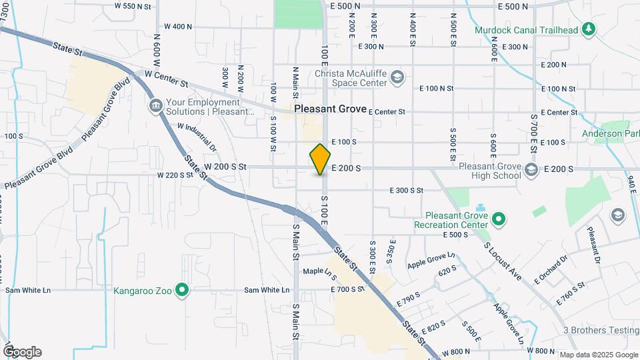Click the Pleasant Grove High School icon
tap(531, 169)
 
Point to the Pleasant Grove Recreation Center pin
tap(497, 218)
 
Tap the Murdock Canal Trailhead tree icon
tap(588, 29)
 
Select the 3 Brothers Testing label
tap(601, 330)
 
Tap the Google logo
tap(22, 352)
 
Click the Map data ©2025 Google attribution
tap(598, 355)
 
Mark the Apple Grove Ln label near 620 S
tap(431, 259)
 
